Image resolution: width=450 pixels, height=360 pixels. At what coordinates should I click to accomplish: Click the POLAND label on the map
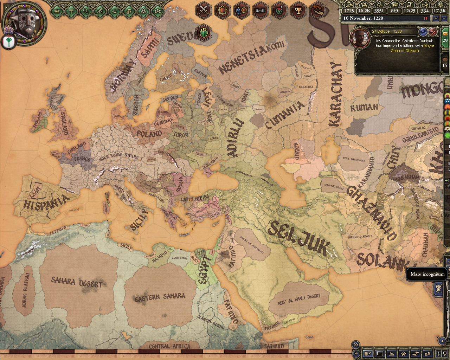coord(149,134)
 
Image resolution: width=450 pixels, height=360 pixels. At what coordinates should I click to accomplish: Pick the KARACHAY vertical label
coord(335,94)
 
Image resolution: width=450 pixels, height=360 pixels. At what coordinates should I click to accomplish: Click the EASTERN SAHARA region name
coord(160,297)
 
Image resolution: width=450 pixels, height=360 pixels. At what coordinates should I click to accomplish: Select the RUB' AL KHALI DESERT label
coord(299,299)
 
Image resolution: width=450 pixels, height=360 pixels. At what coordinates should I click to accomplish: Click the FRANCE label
coord(82,159)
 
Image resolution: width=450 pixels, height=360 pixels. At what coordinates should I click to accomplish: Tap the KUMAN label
coord(364,108)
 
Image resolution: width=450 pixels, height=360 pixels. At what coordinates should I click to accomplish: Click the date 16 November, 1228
coord(363,18)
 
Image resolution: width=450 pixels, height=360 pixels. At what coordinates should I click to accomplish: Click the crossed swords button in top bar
coord(203,10)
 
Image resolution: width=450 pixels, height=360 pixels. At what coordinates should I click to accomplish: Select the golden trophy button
coord(298,10)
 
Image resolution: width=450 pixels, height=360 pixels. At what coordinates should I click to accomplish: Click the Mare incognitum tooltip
coord(427,274)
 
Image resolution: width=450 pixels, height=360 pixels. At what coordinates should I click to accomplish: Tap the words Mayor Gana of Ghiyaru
coord(411,48)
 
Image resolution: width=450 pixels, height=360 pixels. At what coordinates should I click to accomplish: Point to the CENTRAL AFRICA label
coord(169,346)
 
